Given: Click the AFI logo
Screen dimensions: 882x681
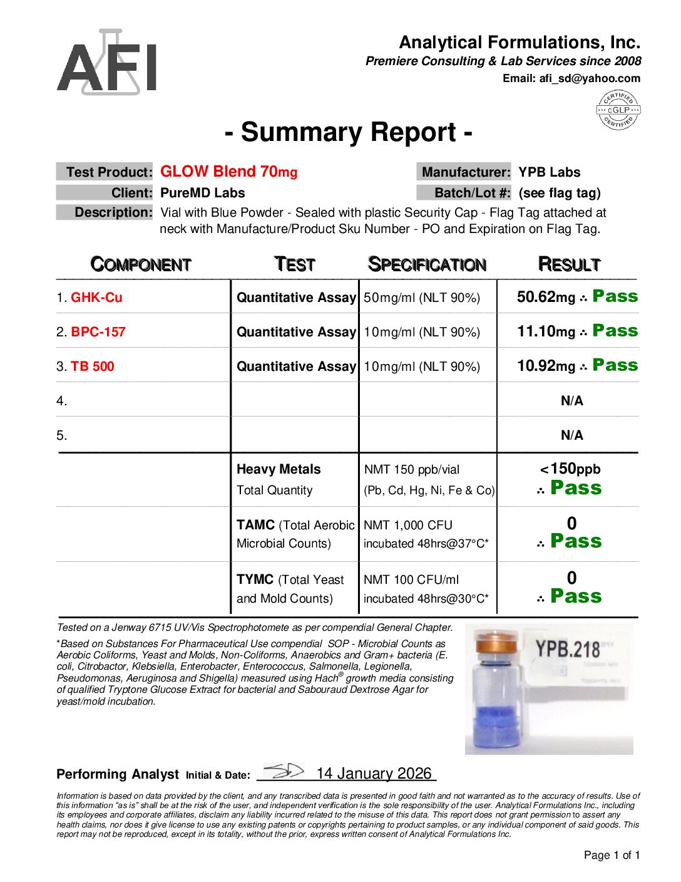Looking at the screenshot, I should point(107,62).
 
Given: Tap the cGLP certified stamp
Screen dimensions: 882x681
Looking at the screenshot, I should point(618,110).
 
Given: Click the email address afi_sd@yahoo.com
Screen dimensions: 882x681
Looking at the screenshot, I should point(590,78).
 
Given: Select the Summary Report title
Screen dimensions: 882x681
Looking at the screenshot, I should point(348,133).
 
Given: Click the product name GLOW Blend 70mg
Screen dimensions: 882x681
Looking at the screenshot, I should point(228,172).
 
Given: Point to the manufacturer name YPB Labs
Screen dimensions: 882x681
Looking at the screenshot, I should point(549,172).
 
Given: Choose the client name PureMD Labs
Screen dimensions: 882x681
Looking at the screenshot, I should point(202,193).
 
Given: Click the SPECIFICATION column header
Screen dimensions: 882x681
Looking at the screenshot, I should point(427,264).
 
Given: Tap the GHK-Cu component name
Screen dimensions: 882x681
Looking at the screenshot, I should point(96,298).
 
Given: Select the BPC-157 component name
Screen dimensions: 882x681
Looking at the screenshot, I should point(98,332).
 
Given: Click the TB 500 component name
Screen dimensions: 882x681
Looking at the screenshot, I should point(93,366).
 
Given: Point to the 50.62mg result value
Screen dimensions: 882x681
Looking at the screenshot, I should point(546,297).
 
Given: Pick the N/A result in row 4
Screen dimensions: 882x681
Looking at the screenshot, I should point(571,401).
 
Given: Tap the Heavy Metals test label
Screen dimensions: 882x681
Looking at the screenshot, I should point(279,469).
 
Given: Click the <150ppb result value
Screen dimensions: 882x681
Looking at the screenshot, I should point(570,469).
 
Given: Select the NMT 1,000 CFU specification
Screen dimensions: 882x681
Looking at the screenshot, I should point(408,525).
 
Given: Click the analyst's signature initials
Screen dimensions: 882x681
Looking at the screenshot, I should point(284,771).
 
